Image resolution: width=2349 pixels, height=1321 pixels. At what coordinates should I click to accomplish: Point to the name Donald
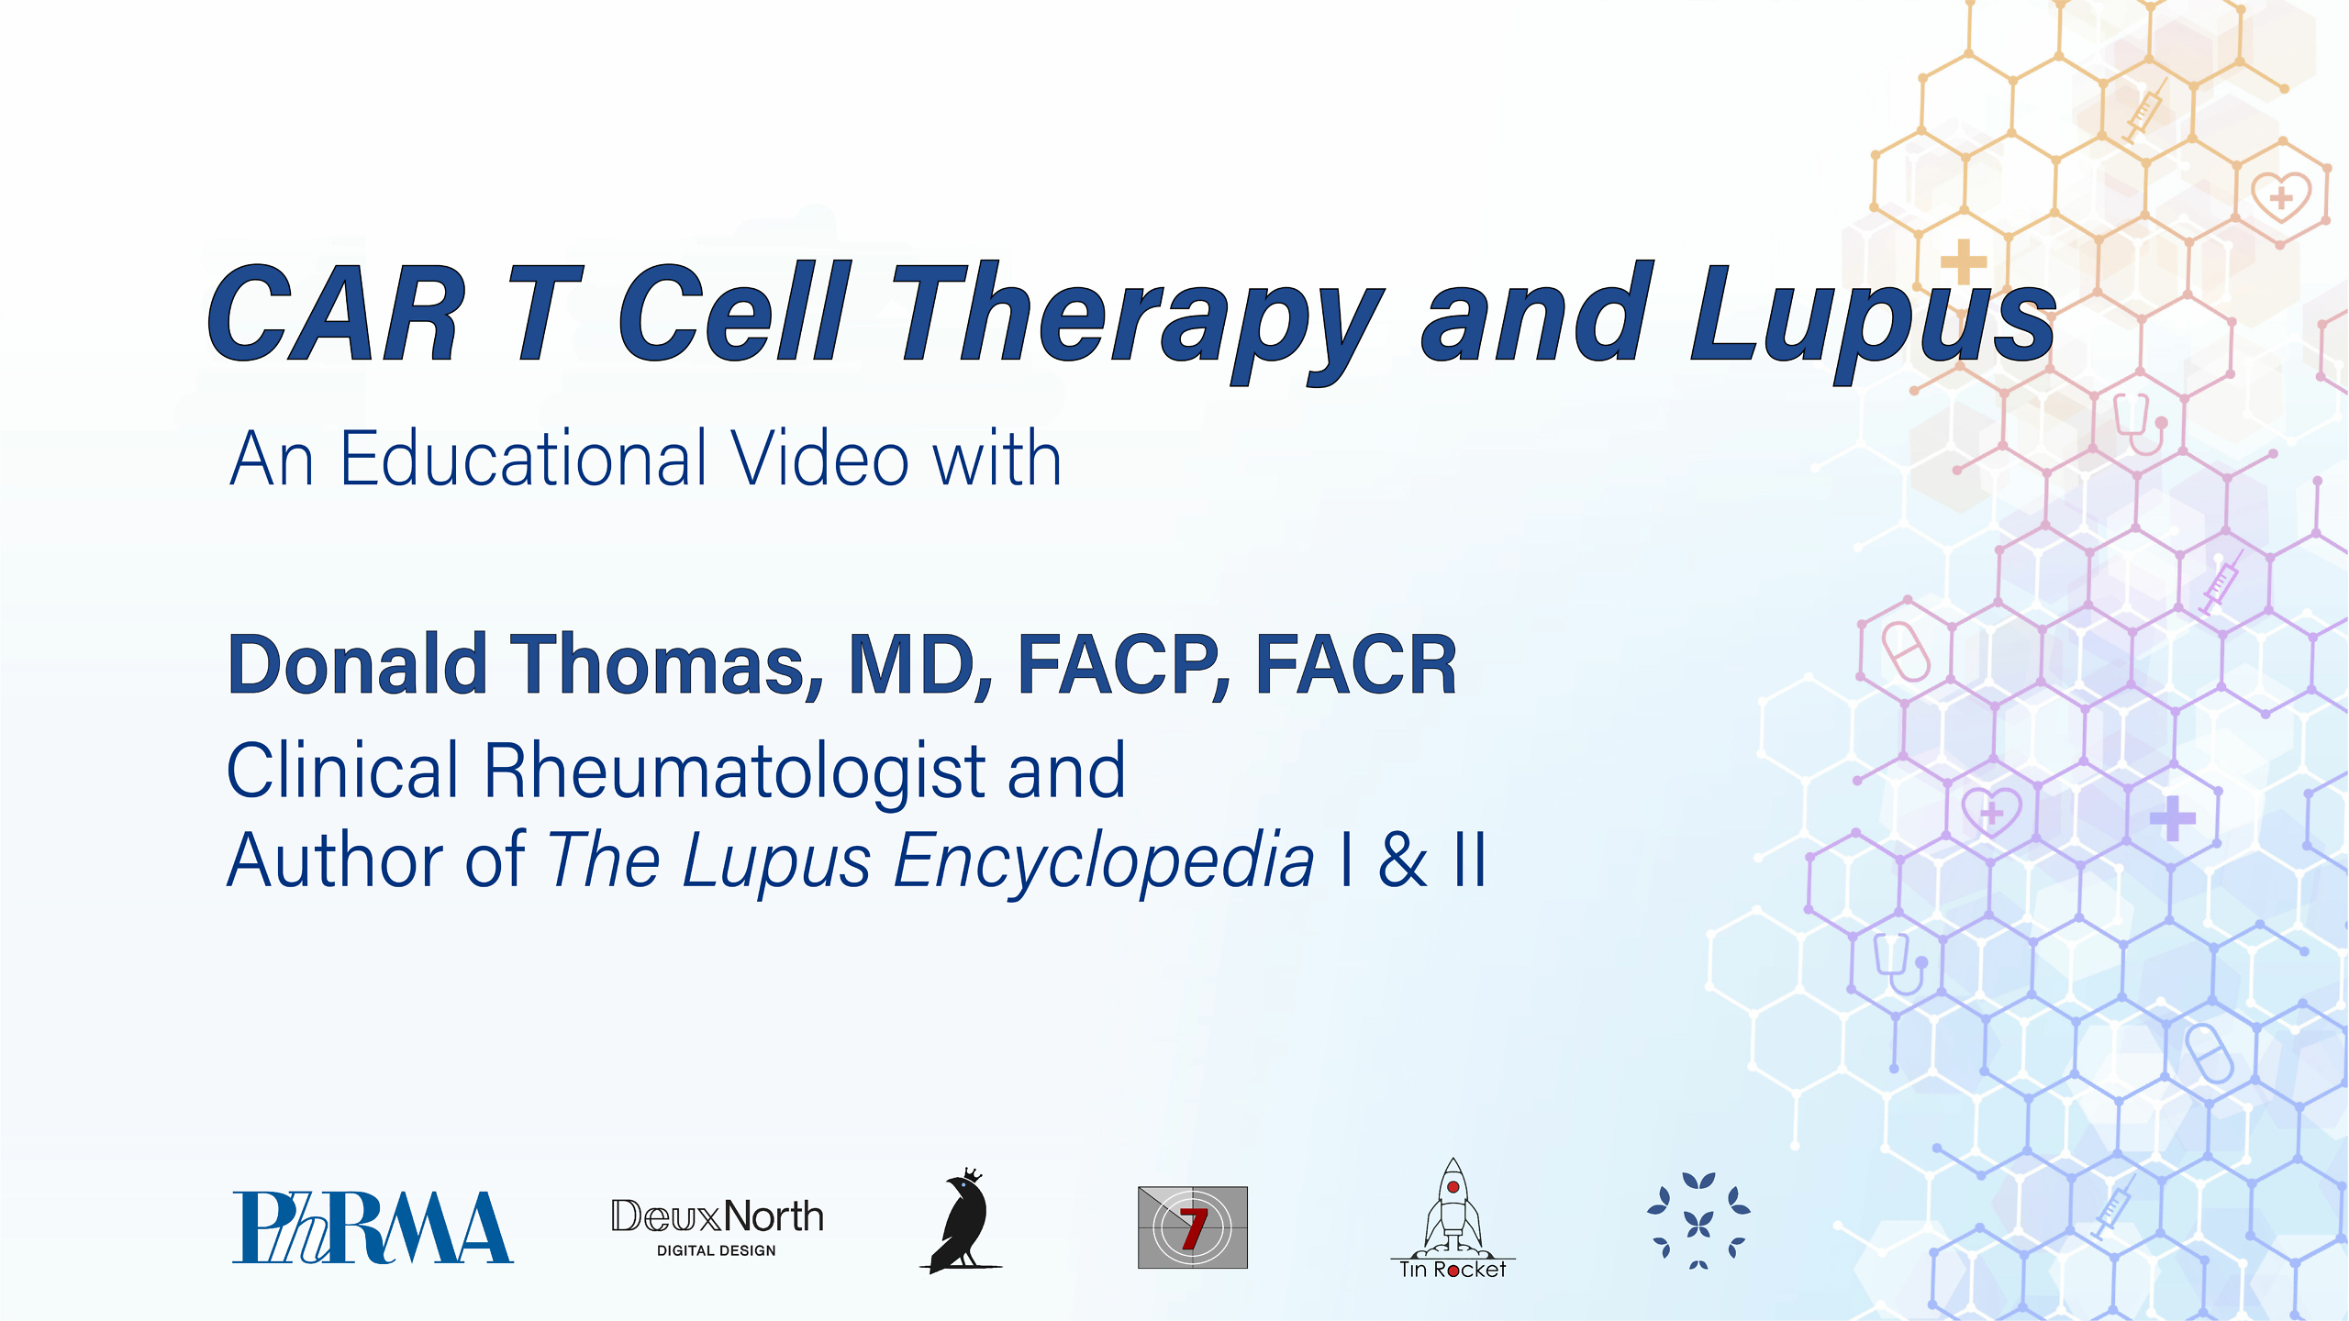point(357,664)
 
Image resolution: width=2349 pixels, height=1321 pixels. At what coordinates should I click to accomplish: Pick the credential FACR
point(1355,664)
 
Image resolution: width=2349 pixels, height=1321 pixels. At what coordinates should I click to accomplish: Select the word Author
point(334,860)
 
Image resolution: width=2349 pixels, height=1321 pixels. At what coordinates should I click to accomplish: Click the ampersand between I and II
point(1403,860)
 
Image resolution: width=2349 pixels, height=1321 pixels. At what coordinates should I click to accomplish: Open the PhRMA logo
point(372,1227)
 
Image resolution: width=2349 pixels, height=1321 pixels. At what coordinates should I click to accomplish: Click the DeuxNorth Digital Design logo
point(717,1226)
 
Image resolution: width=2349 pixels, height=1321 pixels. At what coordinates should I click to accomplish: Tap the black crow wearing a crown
point(961,1221)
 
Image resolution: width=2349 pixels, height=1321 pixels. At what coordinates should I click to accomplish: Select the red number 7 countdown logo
point(1192,1227)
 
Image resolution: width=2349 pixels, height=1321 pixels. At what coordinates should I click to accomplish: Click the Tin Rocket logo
point(1453,1220)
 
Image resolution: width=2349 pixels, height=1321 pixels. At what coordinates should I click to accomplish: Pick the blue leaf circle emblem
point(1698,1221)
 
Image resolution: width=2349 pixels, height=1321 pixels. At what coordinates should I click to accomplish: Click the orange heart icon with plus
point(2281,195)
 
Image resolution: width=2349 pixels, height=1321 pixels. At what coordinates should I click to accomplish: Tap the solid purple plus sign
point(2172,817)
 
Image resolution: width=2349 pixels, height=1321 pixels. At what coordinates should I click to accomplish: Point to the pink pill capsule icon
point(1906,650)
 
